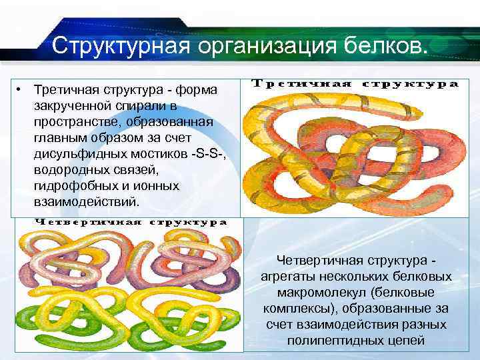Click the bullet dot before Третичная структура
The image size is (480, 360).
[21, 90]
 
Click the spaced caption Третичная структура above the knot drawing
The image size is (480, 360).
[355, 84]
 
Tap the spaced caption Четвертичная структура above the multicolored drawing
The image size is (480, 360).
[131, 222]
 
